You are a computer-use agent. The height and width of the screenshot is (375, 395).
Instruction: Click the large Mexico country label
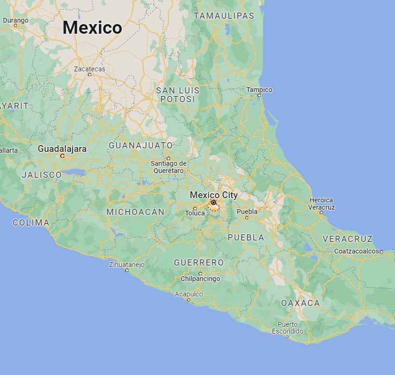point(92,27)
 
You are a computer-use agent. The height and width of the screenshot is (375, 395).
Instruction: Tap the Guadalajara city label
point(62,149)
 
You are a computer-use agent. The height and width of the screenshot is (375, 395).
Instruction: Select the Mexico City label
point(213,195)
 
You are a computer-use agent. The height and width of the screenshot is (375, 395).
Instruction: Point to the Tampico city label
point(259,90)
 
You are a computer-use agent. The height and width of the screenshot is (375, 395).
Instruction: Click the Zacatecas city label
point(89,69)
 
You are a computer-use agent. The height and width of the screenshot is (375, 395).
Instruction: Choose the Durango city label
point(15,20)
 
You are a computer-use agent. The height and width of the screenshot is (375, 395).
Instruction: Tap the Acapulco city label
point(189,294)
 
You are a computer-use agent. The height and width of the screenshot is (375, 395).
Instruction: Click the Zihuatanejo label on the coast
point(127,264)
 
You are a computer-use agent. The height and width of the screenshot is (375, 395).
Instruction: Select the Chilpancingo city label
point(200,279)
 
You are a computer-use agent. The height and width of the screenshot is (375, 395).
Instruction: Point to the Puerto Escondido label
point(288,328)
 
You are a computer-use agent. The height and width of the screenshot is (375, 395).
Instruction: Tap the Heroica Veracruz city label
point(322,203)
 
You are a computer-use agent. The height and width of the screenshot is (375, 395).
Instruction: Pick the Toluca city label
point(196,213)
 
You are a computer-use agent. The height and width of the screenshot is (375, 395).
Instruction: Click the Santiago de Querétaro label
point(169,167)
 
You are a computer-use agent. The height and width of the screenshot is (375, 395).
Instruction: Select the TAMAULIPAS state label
point(224,16)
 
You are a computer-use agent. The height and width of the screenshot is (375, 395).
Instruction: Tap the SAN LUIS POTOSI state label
point(177,94)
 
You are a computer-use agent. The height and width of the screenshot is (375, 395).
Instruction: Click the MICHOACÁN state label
point(135,212)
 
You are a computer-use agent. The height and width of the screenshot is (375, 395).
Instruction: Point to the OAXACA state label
point(300,303)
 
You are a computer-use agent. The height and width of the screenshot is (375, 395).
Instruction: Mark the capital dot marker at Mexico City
point(213,202)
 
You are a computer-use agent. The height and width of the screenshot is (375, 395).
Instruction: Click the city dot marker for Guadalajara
point(62,156)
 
